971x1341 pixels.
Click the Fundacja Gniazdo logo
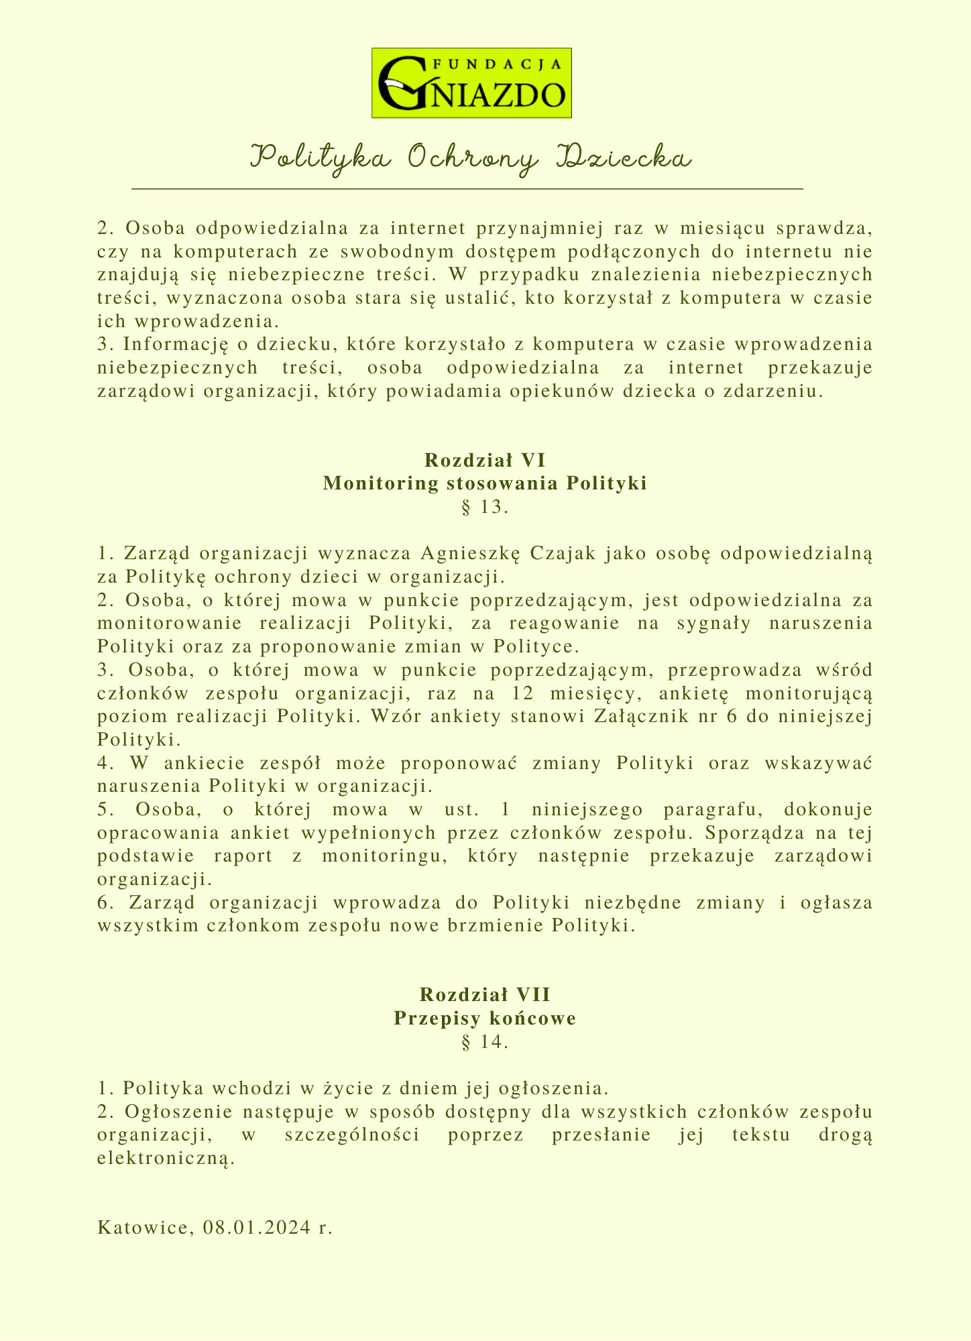tap(471, 83)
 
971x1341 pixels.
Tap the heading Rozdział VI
tap(485, 461)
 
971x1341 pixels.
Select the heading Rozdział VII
tap(485, 994)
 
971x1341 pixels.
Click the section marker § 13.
tap(485, 508)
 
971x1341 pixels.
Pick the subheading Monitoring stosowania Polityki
tap(485, 483)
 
